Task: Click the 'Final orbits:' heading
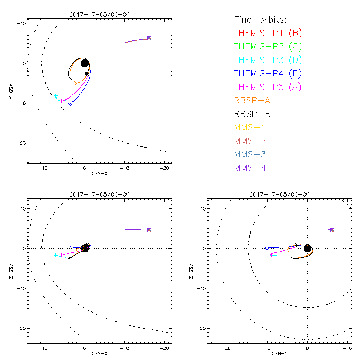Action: pos(260,19)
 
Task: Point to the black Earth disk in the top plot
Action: pos(85,63)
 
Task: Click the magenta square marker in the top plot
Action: pos(63,101)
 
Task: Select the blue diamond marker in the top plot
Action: pos(70,103)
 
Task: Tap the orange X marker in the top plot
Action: pos(76,84)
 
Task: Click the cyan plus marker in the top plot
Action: pos(56,96)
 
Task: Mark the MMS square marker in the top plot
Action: pos(149,38)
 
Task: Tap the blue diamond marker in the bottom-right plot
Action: pos(267,248)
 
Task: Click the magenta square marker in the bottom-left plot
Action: pos(63,255)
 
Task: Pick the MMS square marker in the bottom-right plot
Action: pos(332,230)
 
